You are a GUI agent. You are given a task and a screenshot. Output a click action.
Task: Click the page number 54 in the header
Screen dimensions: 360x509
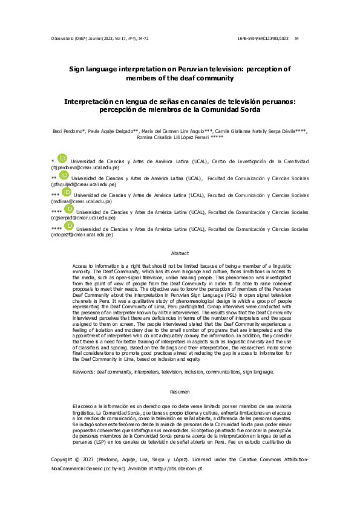(296, 39)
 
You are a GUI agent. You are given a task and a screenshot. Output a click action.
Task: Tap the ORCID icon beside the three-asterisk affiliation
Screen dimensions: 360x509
(67, 193)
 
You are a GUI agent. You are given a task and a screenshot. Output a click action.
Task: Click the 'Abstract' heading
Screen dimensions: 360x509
(180, 253)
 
